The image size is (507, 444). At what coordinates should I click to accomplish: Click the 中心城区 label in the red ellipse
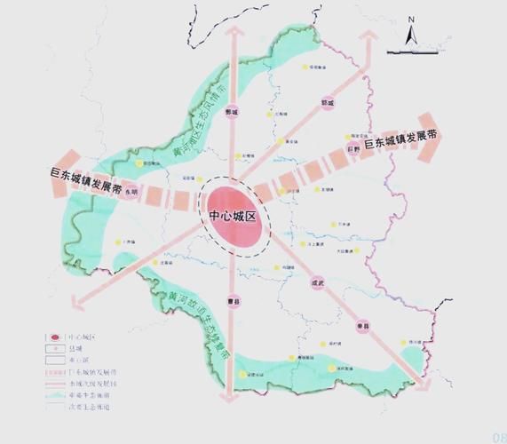(234, 217)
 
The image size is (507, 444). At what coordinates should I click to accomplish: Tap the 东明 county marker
(131, 191)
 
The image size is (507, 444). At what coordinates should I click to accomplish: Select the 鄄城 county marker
(233, 113)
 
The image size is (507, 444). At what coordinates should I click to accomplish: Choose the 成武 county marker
(318, 282)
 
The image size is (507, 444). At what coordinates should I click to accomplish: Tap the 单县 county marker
(363, 325)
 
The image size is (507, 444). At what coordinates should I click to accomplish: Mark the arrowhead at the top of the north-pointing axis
(234, 31)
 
